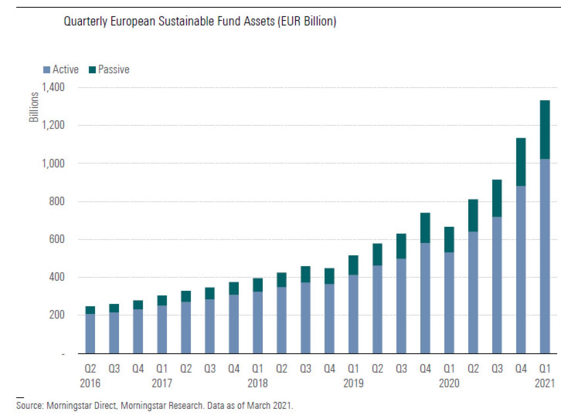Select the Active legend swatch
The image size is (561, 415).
[x=47, y=70]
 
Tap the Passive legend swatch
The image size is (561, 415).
[x=92, y=70]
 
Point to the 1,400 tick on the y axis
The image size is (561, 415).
[x=53, y=88]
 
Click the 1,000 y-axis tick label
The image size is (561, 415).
[x=53, y=164]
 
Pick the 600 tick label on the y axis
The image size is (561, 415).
[x=57, y=239]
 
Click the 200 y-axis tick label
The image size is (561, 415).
[x=57, y=315]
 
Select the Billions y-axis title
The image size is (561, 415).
[x=34, y=107]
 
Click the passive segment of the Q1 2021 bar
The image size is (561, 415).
[x=545, y=130]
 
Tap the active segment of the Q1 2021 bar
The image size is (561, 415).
[x=545, y=256]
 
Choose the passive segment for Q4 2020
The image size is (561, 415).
[x=521, y=162]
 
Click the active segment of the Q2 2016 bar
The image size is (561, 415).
[x=90, y=334]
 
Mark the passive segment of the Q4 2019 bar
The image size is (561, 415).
[x=425, y=228]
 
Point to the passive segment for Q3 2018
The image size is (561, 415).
[x=305, y=274]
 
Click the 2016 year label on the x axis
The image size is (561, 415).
[x=90, y=383]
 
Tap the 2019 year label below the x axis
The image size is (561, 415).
[x=354, y=383]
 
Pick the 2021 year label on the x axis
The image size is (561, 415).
[x=545, y=383]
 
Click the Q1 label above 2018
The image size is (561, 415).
[x=257, y=369]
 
